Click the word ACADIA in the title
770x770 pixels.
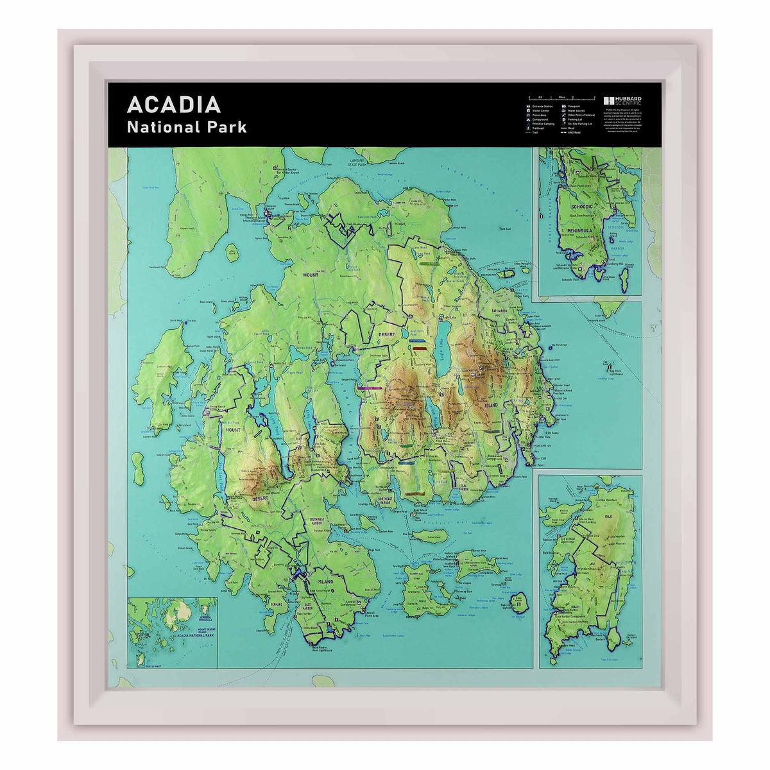tap(174, 105)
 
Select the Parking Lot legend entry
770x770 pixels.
tap(571, 119)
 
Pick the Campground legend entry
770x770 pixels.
tap(538, 119)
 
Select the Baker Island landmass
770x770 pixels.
tap(521, 601)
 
